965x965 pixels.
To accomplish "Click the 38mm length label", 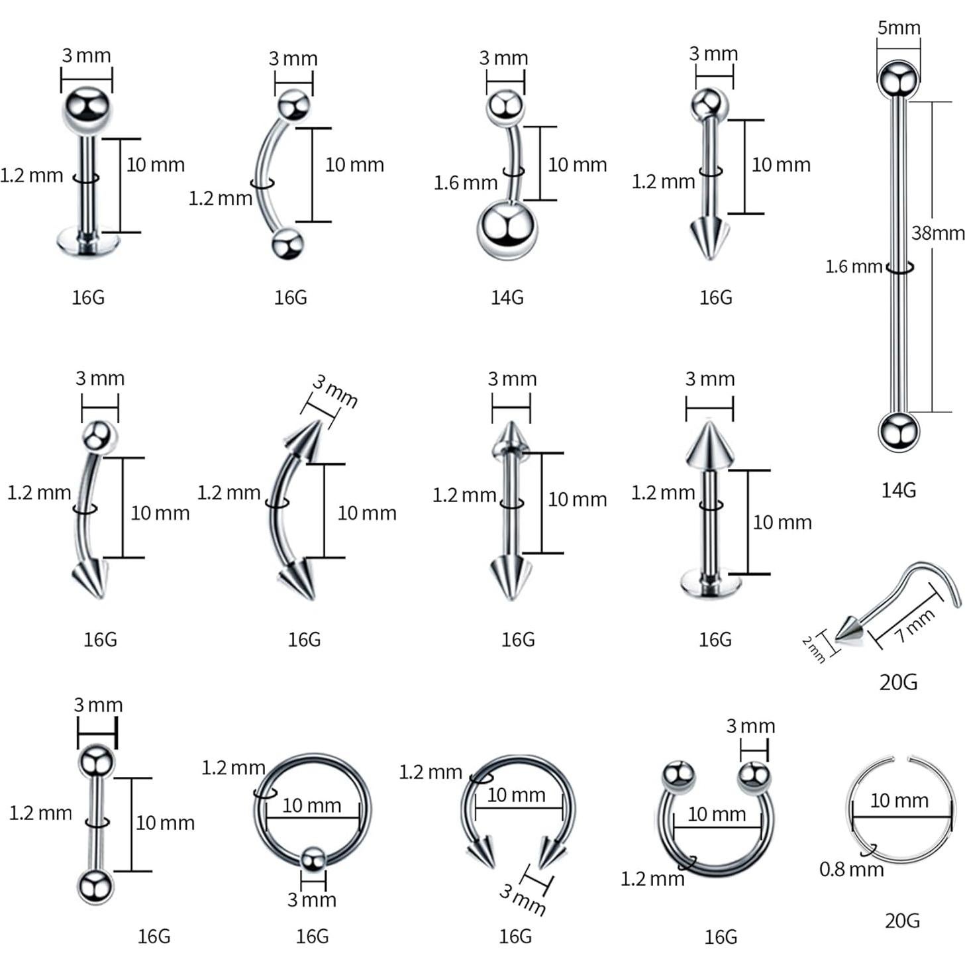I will click(x=937, y=233).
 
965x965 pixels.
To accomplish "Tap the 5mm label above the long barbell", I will click(x=898, y=28).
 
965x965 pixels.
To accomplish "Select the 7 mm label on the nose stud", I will click(x=915, y=625).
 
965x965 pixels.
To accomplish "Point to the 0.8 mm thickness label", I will click(x=851, y=869).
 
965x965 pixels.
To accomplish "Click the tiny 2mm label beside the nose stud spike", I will click(x=813, y=649).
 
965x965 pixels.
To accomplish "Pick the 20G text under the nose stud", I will click(x=898, y=682).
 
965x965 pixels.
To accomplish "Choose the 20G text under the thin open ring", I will click(x=901, y=920).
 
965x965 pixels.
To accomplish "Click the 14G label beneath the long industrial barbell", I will click(x=898, y=490).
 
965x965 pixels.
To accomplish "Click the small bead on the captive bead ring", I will click(x=313, y=860).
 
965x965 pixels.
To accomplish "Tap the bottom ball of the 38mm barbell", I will click(x=898, y=431).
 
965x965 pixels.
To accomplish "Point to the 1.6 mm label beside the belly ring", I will click(x=465, y=182).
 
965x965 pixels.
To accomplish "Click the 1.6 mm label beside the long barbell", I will click(x=853, y=266).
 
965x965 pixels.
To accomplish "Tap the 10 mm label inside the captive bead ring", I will click(x=311, y=805).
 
